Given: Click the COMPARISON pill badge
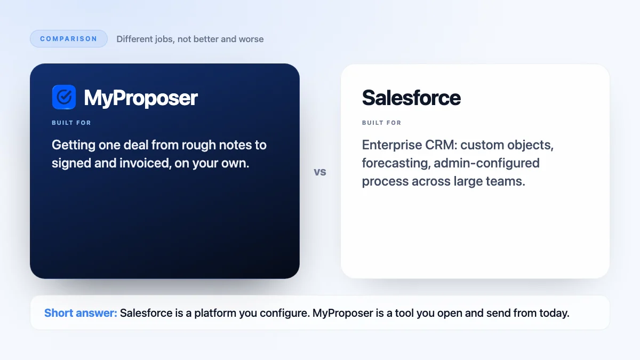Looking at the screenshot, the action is click(x=69, y=38).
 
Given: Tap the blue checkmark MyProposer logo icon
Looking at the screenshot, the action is click(x=64, y=97).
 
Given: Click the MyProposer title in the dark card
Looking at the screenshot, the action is click(x=141, y=98).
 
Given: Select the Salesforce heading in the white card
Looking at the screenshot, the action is click(x=411, y=98).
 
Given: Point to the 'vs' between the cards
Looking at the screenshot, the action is click(x=320, y=172).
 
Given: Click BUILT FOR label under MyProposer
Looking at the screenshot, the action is click(x=71, y=123).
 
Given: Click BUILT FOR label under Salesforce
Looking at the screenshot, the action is click(x=382, y=123).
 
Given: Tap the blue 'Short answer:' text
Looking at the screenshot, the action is click(x=81, y=313).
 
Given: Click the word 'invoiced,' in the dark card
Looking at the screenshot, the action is click(x=146, y=163).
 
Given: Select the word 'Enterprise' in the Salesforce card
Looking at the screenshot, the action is click(x=392, y=145).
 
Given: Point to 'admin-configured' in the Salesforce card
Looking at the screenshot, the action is click(x=486, y=163).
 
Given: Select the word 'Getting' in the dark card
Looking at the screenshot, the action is click(x=74, y=145).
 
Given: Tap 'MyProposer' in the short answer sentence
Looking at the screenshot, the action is click(x=342, y=313).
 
